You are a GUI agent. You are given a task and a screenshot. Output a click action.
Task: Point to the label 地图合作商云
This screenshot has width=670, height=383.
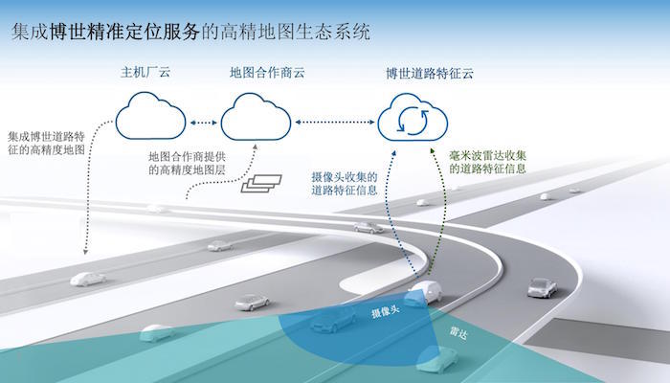click(x=256, y=73)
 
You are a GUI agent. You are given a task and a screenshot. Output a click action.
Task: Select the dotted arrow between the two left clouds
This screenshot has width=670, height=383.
click(x=204, y=123)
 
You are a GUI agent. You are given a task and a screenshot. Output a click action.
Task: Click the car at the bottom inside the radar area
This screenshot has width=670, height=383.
click(x=438, y=360)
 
